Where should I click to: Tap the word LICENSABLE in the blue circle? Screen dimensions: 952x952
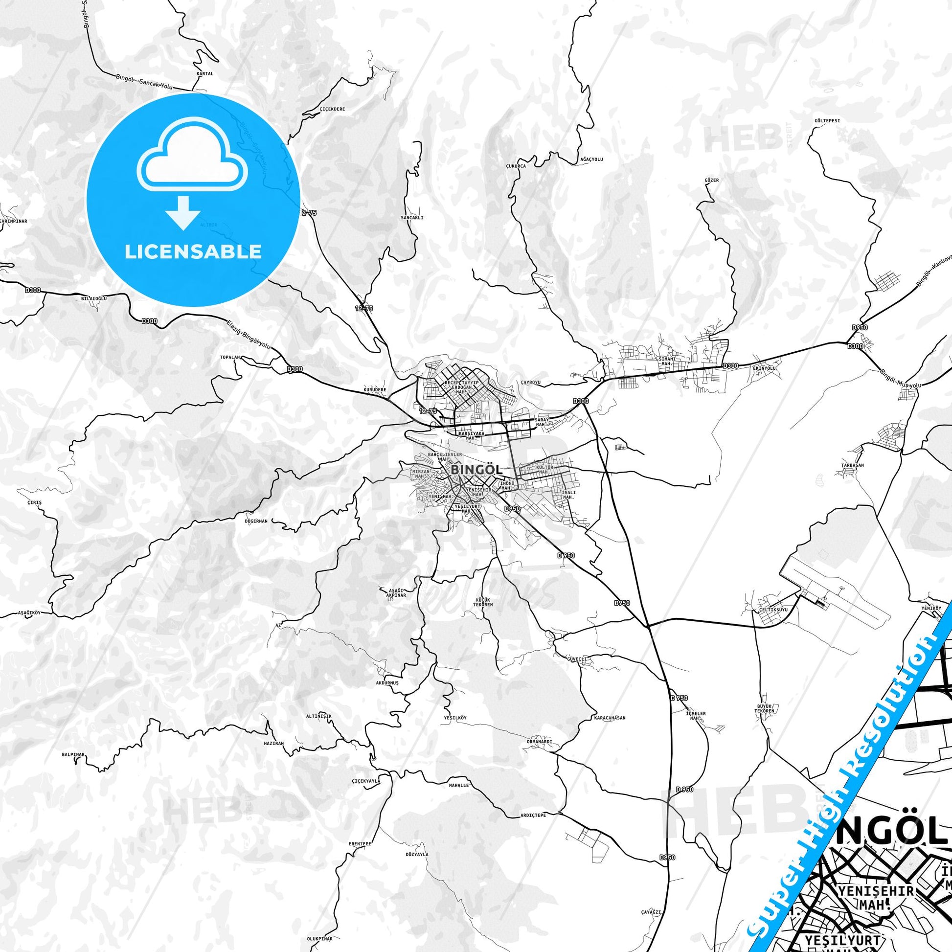(x=193, y=251)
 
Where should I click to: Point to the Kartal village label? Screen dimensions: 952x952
(x=204, y=74)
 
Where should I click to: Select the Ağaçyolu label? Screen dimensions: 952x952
(x=591, y=159)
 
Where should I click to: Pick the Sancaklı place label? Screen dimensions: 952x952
(x=412, y=217)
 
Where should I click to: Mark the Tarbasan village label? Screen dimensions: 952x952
(x=853, y=465)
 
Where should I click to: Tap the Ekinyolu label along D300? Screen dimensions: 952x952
(x=764, y=368)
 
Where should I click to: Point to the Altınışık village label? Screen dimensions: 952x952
(x=319, y=716)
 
